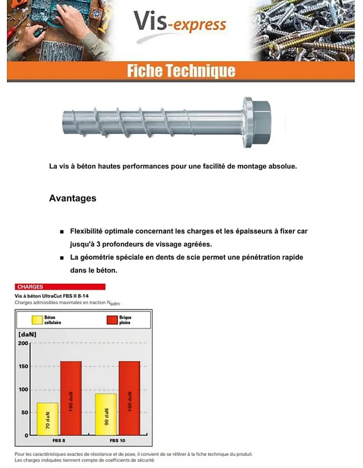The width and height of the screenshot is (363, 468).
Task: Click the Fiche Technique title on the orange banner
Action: pyautogui.click(x=181, y=71)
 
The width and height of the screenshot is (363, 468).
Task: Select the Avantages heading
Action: pyautogui.click(x=73, y=199)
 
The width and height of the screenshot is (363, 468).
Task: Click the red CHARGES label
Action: pyautogui.click(x=60, y=287)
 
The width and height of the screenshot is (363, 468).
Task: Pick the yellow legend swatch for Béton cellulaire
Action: pyautogui.click(x=37, y=320)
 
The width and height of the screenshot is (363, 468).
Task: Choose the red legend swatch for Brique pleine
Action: pyautogui.click(x=112, y=320)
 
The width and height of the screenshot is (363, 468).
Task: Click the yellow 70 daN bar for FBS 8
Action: pyautogui.click(x=47, y=419)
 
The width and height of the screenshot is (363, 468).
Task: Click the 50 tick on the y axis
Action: pyautogui.click(x=25, y=412)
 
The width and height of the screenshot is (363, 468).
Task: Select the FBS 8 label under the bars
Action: pyautogui.click(x=59, y=441)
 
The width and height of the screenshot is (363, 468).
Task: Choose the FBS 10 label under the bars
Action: pyautogui.click(x=117, y=441)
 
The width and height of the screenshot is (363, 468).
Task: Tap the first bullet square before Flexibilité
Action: pyautogui.click(x=62, y=232)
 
